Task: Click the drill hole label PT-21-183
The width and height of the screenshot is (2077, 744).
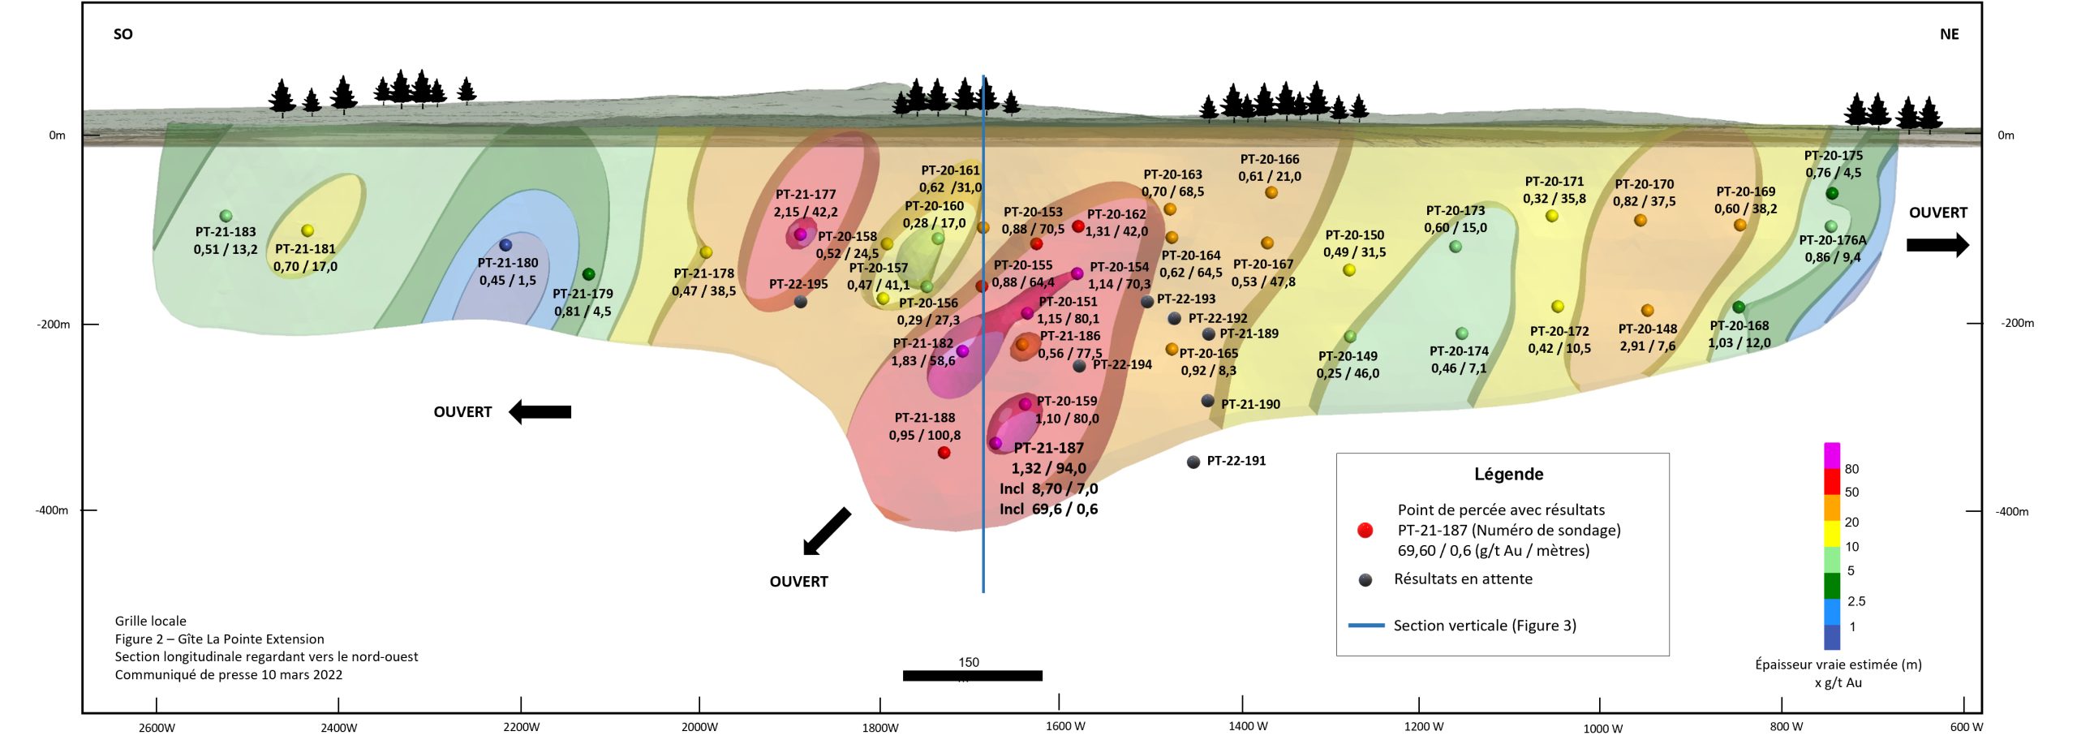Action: point(226,232)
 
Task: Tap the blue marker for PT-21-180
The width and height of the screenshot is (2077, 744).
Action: point(505,244)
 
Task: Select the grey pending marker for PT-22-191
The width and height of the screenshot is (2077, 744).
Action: point(1193,462)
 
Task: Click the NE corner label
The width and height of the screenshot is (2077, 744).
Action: point(1949,34)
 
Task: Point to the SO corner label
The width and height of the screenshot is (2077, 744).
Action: point(123,34)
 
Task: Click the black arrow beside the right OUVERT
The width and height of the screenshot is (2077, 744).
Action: point(1937,244)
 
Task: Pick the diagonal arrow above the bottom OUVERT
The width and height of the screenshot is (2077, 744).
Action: point(826,531)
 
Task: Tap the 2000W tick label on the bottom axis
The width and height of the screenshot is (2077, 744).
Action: point(699,727)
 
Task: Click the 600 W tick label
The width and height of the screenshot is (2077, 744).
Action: point(1967,726)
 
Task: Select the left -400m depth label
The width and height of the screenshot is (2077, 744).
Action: point(52,510)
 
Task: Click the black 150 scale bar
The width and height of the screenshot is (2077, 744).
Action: point(972,675)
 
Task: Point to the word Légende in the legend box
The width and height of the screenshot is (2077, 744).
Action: point(1509,475)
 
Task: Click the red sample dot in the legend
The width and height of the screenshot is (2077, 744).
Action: point(1365,530)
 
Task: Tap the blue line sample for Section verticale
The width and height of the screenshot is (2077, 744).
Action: point(1367,626)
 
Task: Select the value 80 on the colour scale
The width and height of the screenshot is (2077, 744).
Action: point(1851,469)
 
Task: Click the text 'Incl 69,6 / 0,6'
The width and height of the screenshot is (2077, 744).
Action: point(1048,510)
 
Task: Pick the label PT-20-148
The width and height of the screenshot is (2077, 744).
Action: point(1648,329)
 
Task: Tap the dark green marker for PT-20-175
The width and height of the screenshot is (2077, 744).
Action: point(1832,193)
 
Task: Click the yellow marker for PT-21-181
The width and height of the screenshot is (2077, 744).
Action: point(307,230)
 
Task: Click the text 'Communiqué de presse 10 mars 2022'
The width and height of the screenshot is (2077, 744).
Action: point(229,675)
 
